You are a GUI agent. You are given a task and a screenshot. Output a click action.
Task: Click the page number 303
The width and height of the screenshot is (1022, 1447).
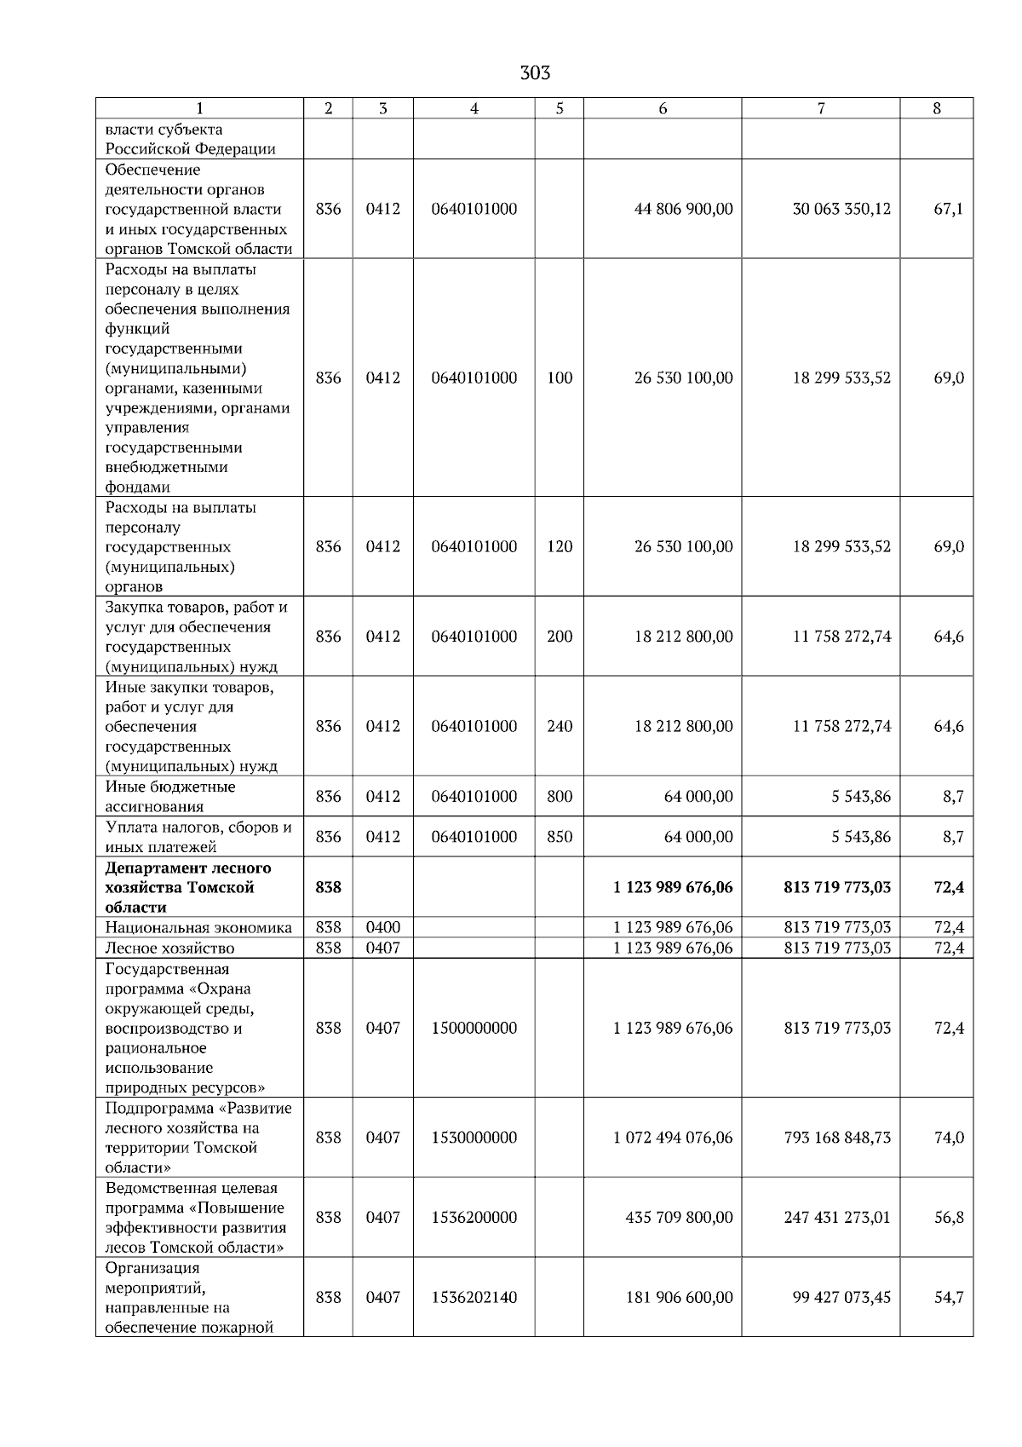coord(535,73)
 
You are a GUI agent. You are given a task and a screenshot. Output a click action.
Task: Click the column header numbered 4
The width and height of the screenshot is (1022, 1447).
coord(474,108)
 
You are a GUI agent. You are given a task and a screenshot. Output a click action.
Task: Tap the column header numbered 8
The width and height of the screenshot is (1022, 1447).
coord(937,108)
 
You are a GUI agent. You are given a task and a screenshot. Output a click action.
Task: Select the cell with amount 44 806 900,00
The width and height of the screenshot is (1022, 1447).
coord(683,210)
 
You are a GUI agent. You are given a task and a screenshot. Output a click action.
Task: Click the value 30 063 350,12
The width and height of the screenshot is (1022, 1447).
coord(841,210)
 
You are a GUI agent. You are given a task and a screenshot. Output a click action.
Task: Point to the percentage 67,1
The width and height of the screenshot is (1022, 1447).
coord(948,210)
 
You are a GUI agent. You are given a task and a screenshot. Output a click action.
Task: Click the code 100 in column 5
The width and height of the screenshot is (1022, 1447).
coord(560,378)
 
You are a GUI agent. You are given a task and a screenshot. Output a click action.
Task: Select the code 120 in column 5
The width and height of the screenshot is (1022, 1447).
coord(560,547)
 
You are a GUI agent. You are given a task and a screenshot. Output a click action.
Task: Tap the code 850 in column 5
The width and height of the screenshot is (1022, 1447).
coord(560,837)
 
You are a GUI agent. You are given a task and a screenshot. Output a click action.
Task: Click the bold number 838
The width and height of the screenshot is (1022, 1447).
coord(328,888)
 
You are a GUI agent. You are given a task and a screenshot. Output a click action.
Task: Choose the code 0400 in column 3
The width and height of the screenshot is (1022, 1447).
coord(382,927)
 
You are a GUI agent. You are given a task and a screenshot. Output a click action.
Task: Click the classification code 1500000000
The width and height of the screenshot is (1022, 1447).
coord(474,1029)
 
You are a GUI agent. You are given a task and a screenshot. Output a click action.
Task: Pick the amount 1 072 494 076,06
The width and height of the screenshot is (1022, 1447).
coord(673,1138)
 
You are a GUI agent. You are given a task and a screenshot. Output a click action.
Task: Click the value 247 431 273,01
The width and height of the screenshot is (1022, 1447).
coord(837,1218)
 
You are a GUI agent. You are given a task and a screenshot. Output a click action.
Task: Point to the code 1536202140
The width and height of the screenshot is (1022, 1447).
coord(474,1298)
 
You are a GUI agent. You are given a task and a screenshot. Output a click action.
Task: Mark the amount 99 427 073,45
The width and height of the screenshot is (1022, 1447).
coord(841,1298)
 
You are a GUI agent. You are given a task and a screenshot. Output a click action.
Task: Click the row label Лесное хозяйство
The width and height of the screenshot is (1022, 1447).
coord(169,948)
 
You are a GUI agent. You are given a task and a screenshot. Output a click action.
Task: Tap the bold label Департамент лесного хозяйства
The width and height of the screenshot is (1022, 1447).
coord(188,878)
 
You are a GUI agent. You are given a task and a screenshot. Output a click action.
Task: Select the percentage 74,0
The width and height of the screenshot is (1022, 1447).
coord(948,1138)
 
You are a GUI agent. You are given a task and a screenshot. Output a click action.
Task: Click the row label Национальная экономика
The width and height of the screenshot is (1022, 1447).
coord(198,928)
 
